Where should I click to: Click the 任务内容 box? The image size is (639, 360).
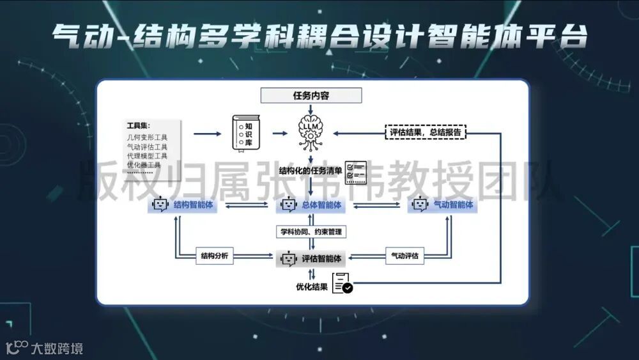[x=311, y=96]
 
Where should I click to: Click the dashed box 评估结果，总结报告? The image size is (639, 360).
[x=426, y=132]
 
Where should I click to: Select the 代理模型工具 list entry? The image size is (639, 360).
[x=147, y=155]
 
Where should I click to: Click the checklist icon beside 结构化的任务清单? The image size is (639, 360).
[x=356, y=171]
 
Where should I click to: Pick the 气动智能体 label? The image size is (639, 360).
[x=453, y=205]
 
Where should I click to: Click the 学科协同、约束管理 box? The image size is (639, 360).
[x=312, y=231]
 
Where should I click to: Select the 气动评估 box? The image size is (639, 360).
[x=404, y=256]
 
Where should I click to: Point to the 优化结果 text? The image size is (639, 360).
[x=312, y=287]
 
